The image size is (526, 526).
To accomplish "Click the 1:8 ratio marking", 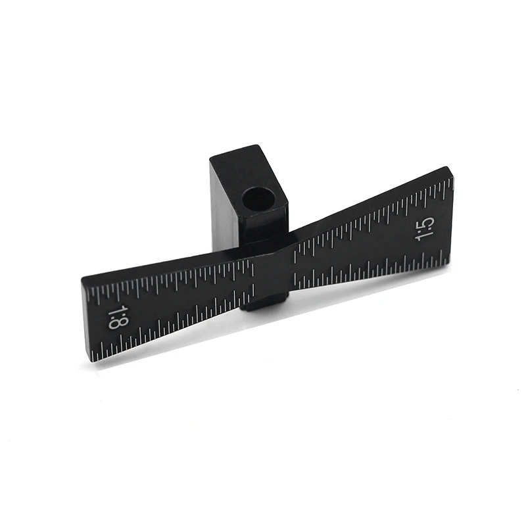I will click(116, 318).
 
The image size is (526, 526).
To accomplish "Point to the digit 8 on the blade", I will click(115, 323).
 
